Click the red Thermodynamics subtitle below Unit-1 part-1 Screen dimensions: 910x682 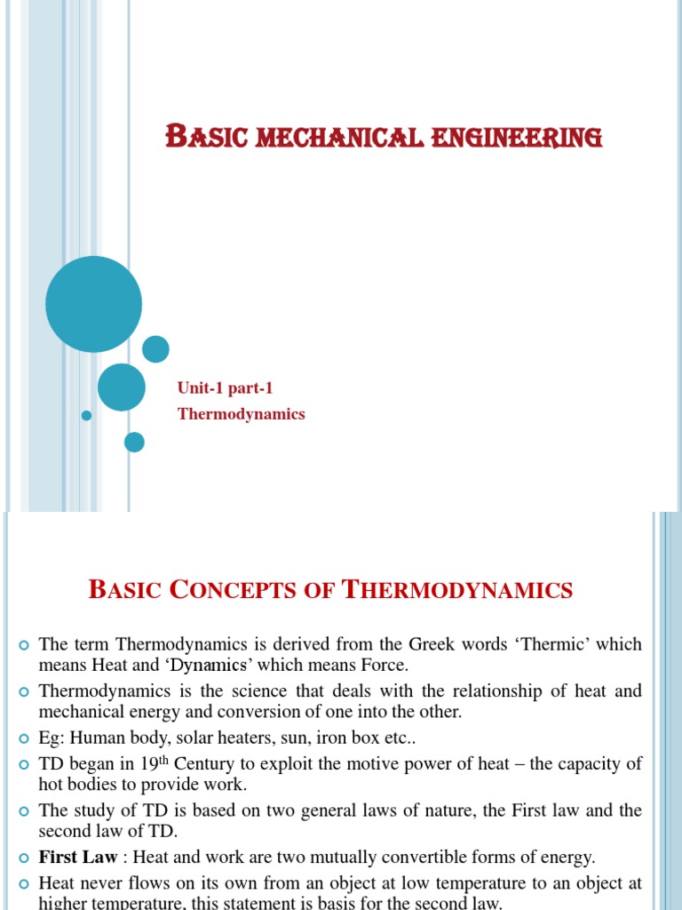(241, 414)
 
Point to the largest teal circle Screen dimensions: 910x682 (93, 304)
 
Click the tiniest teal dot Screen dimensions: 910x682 (86, 415)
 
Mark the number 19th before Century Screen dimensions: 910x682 (156, 762)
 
